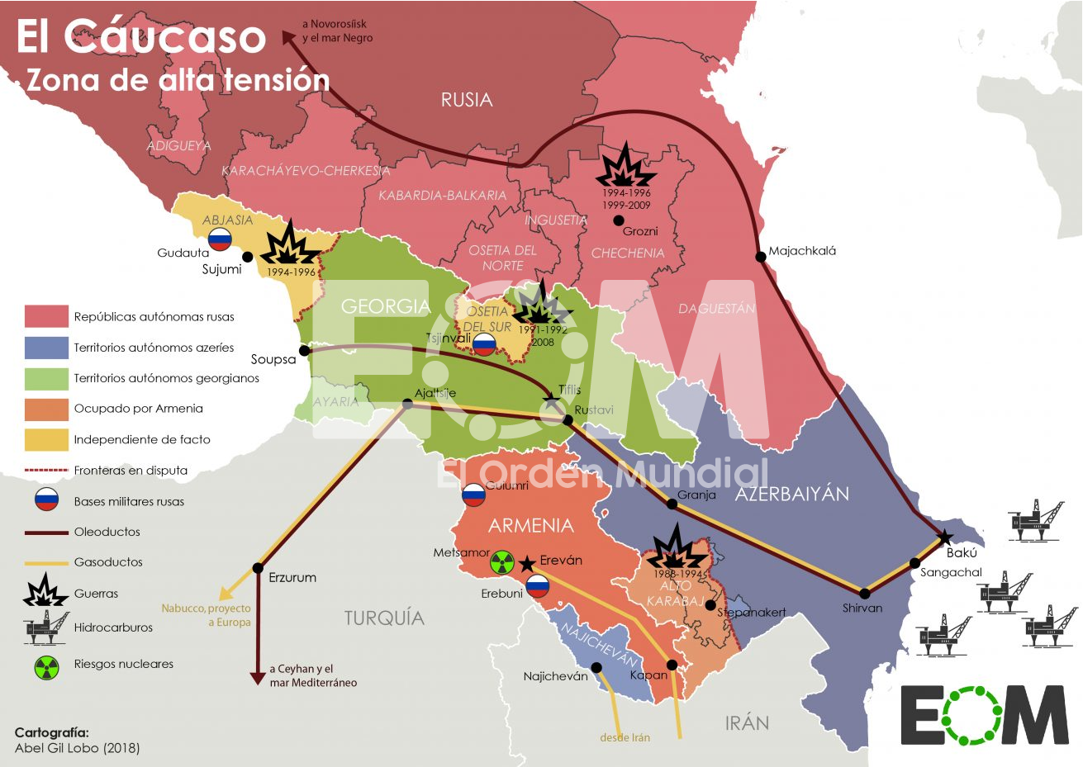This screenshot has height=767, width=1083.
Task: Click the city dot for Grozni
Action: (618, 220)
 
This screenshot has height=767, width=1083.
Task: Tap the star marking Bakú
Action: (945, 538)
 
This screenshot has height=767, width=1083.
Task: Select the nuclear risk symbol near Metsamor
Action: (501, 563)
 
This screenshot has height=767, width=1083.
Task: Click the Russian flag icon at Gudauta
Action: (220, 239)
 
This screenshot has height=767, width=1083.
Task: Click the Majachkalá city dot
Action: (761, 257)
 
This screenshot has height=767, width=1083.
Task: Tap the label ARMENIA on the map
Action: (530, 526)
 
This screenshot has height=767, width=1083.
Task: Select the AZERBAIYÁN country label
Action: (791, 495)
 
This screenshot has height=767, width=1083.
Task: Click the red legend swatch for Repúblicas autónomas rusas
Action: (46, 316)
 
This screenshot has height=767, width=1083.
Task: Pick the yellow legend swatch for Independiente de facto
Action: (46, 439)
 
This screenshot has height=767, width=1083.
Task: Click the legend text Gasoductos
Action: (108, 562)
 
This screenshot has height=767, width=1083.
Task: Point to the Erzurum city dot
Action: (258, 568)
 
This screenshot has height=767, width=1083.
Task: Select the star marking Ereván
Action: (526, 565)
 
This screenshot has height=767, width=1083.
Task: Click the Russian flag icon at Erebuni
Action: (537, 586)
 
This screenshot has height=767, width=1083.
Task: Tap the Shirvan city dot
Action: (865, 594)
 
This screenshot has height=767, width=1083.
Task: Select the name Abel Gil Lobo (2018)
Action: (77, 748)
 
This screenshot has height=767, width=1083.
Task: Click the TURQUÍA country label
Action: (384, 618)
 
